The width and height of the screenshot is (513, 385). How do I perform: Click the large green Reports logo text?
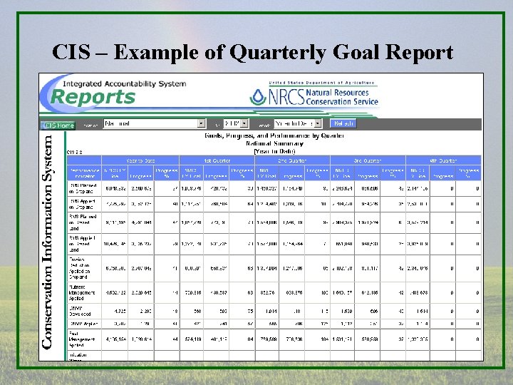(x=93, y=98)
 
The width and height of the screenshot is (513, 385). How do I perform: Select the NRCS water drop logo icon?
(x=257, y=97)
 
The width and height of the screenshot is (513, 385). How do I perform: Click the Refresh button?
(x=343, y=123)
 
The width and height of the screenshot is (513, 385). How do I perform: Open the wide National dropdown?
(x=154, y=123)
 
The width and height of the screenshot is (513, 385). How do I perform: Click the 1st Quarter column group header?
(x=215, y=160)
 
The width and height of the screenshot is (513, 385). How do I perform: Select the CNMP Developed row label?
(x=80, y=311)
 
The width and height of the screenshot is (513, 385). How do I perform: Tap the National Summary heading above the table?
(x=274, y=143)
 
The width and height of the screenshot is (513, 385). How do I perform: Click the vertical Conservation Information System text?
(x=48, y=242)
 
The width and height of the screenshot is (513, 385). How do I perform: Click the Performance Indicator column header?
(x=83, y=172)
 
